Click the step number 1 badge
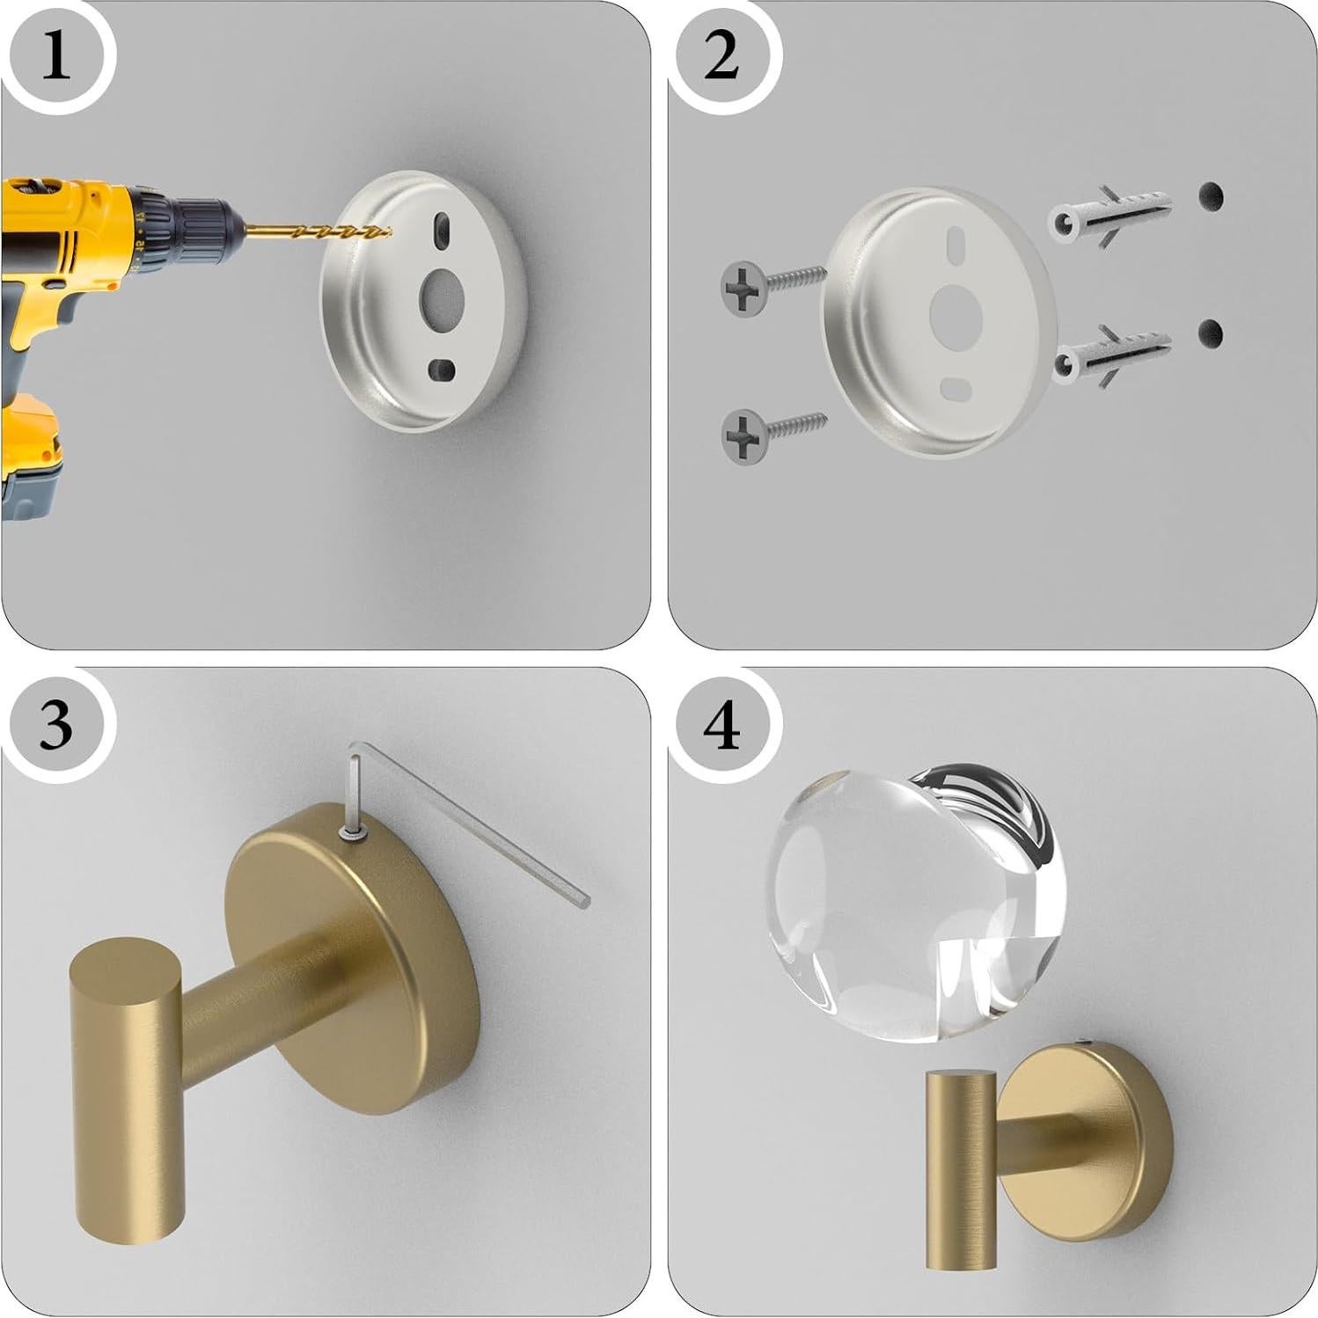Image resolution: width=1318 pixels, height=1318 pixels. tap(55, 58)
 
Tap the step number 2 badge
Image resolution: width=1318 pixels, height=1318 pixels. tap(721, 58)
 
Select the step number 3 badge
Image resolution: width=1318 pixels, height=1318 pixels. tap(55, 725)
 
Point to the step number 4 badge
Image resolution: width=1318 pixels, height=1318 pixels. tap(722, 727)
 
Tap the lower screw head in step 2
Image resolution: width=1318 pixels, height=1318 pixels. tap(743, 435)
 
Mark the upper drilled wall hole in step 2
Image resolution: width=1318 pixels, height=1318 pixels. tap(1211, 195)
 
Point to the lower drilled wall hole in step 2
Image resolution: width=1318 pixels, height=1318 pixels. tap(1211, 333)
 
